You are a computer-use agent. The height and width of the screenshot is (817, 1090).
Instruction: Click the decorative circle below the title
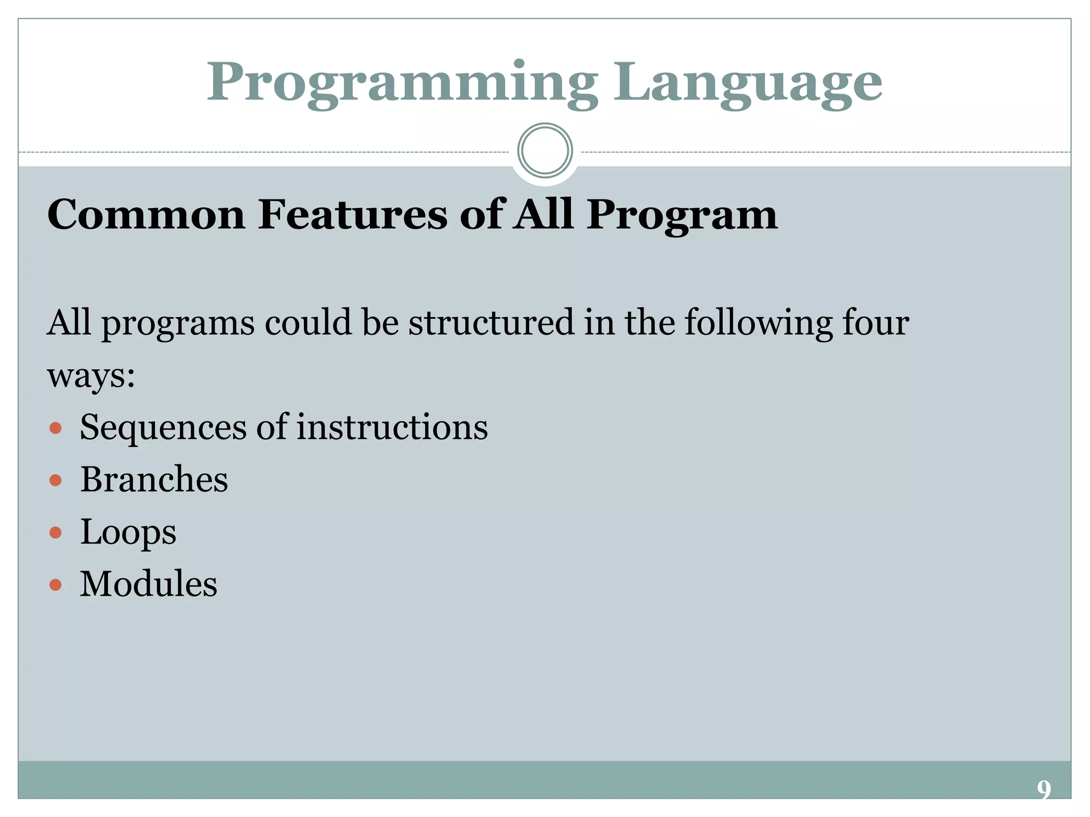544,151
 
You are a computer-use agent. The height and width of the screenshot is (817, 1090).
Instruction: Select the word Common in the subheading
146,214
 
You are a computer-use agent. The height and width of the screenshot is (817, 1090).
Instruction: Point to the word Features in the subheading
352,214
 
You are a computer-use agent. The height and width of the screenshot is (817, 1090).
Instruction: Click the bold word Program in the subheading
682,215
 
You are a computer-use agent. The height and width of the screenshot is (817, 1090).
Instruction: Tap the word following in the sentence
758,323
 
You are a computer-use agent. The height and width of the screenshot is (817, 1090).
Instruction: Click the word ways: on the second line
91,376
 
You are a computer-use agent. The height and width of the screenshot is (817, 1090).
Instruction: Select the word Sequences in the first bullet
163,428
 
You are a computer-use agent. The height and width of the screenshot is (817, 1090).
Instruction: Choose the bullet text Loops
128,532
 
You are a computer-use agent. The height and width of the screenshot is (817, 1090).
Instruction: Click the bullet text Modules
148,584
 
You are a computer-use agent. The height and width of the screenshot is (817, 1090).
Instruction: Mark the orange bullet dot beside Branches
55,481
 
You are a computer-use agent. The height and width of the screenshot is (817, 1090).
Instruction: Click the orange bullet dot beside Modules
55,585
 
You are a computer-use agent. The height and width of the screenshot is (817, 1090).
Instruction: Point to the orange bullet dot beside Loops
55,532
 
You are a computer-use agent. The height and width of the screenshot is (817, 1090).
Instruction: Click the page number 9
1044,789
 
